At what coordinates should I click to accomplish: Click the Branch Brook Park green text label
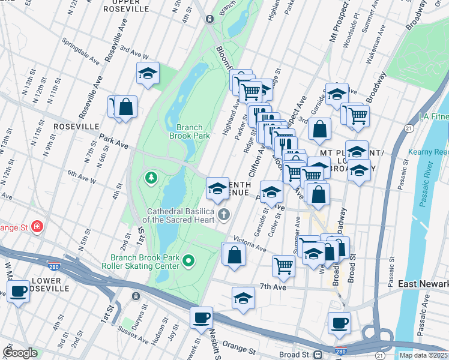click(x=193, y=131)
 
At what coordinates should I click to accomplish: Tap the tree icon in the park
click(x=150, y=178)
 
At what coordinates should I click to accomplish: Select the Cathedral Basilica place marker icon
click(x=224, y=214)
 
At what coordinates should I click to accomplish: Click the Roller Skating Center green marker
click(x=188, y=260)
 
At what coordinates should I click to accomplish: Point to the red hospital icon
click(x=38, y=226)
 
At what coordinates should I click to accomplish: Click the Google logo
click(x=20, y=353)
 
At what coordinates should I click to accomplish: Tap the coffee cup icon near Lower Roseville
click(x=19, y=292)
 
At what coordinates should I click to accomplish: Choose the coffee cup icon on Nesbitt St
click(x=201, y=316)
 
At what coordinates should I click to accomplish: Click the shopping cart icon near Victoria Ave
click(x=283, y=265)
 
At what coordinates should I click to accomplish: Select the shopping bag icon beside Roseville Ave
click(x=126, y=107)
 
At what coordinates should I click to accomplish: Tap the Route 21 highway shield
click(x=408, y=128)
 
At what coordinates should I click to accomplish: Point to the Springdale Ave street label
click(x=82, y=51)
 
